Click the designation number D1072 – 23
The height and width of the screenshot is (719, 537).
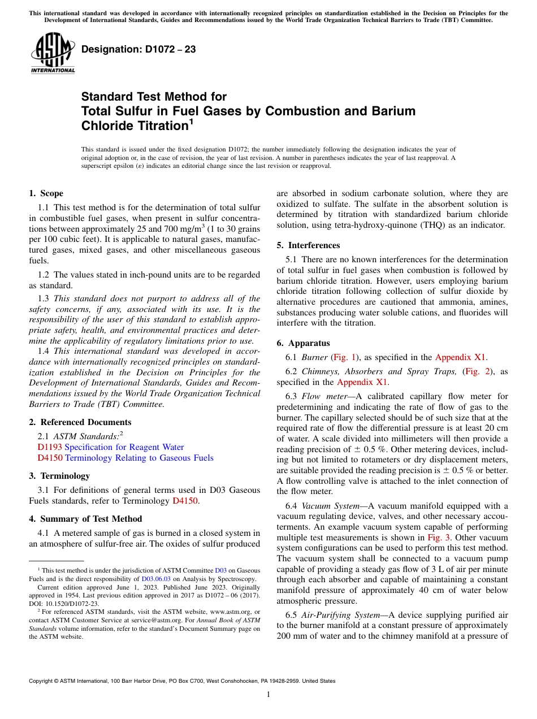click(x=138, y=50)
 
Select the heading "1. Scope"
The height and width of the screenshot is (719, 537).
click(x=46, y=193)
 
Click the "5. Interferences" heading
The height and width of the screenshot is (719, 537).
click(x=308, y=245)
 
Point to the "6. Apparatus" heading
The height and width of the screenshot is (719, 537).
click(x=303, y=343)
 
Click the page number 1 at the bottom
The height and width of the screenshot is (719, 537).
click(x=268, y=695)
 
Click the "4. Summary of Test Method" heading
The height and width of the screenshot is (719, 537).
click(x=85, y=518)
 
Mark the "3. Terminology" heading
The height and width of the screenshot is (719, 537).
click(x=59, y=476)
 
